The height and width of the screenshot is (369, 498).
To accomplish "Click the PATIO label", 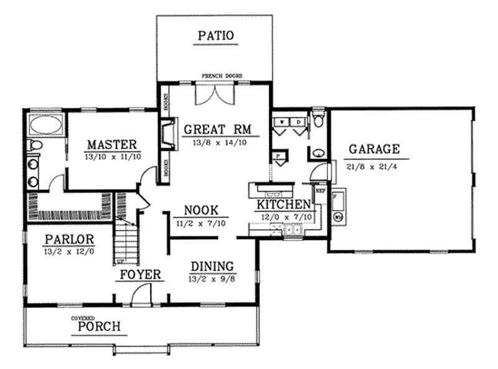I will (216, 36).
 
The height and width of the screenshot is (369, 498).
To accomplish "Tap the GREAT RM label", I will (217, 130).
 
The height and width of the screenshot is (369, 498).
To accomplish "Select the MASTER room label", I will (112, 145).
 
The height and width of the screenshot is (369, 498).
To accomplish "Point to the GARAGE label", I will (374, 150).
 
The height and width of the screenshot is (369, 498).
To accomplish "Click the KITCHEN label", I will (284, 204).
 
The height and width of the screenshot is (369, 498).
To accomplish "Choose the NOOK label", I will (200, 210).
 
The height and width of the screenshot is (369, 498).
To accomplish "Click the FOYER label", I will (141, 275).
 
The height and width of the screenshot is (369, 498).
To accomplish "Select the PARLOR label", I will (69, 239).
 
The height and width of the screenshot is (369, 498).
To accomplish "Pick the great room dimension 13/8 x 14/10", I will (217, 141).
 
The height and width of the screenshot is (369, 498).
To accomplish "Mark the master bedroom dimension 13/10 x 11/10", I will (112, 156).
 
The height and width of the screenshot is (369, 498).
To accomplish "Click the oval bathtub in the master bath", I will (45, 125).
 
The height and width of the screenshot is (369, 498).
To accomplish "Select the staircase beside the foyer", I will (126, 240).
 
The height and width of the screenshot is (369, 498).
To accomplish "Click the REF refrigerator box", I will (321, 192).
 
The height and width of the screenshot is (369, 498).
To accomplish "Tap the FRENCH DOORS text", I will (222, 76).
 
